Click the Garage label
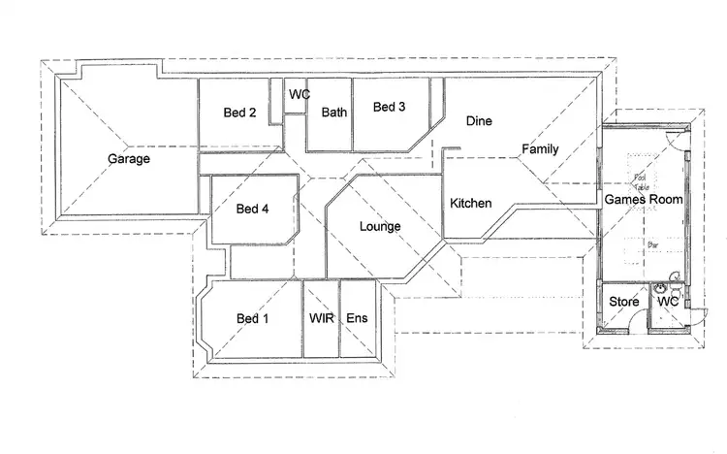click(128, 158)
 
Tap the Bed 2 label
click(239, 113)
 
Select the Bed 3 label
click(389, 107)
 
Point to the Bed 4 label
click(252, 209)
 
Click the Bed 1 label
click(253, 318)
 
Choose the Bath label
click(334, 113)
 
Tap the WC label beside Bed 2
click(299, 94)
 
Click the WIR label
click(321, 318)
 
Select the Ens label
click(357, 318)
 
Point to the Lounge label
click(380, 227)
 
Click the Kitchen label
click(471, 204)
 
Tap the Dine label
click(479, 121)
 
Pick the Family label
click(540, 149)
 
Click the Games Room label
click(644, 199)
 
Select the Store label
click(624, 302)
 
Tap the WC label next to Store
click(669, 302)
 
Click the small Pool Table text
click(641, 180)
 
